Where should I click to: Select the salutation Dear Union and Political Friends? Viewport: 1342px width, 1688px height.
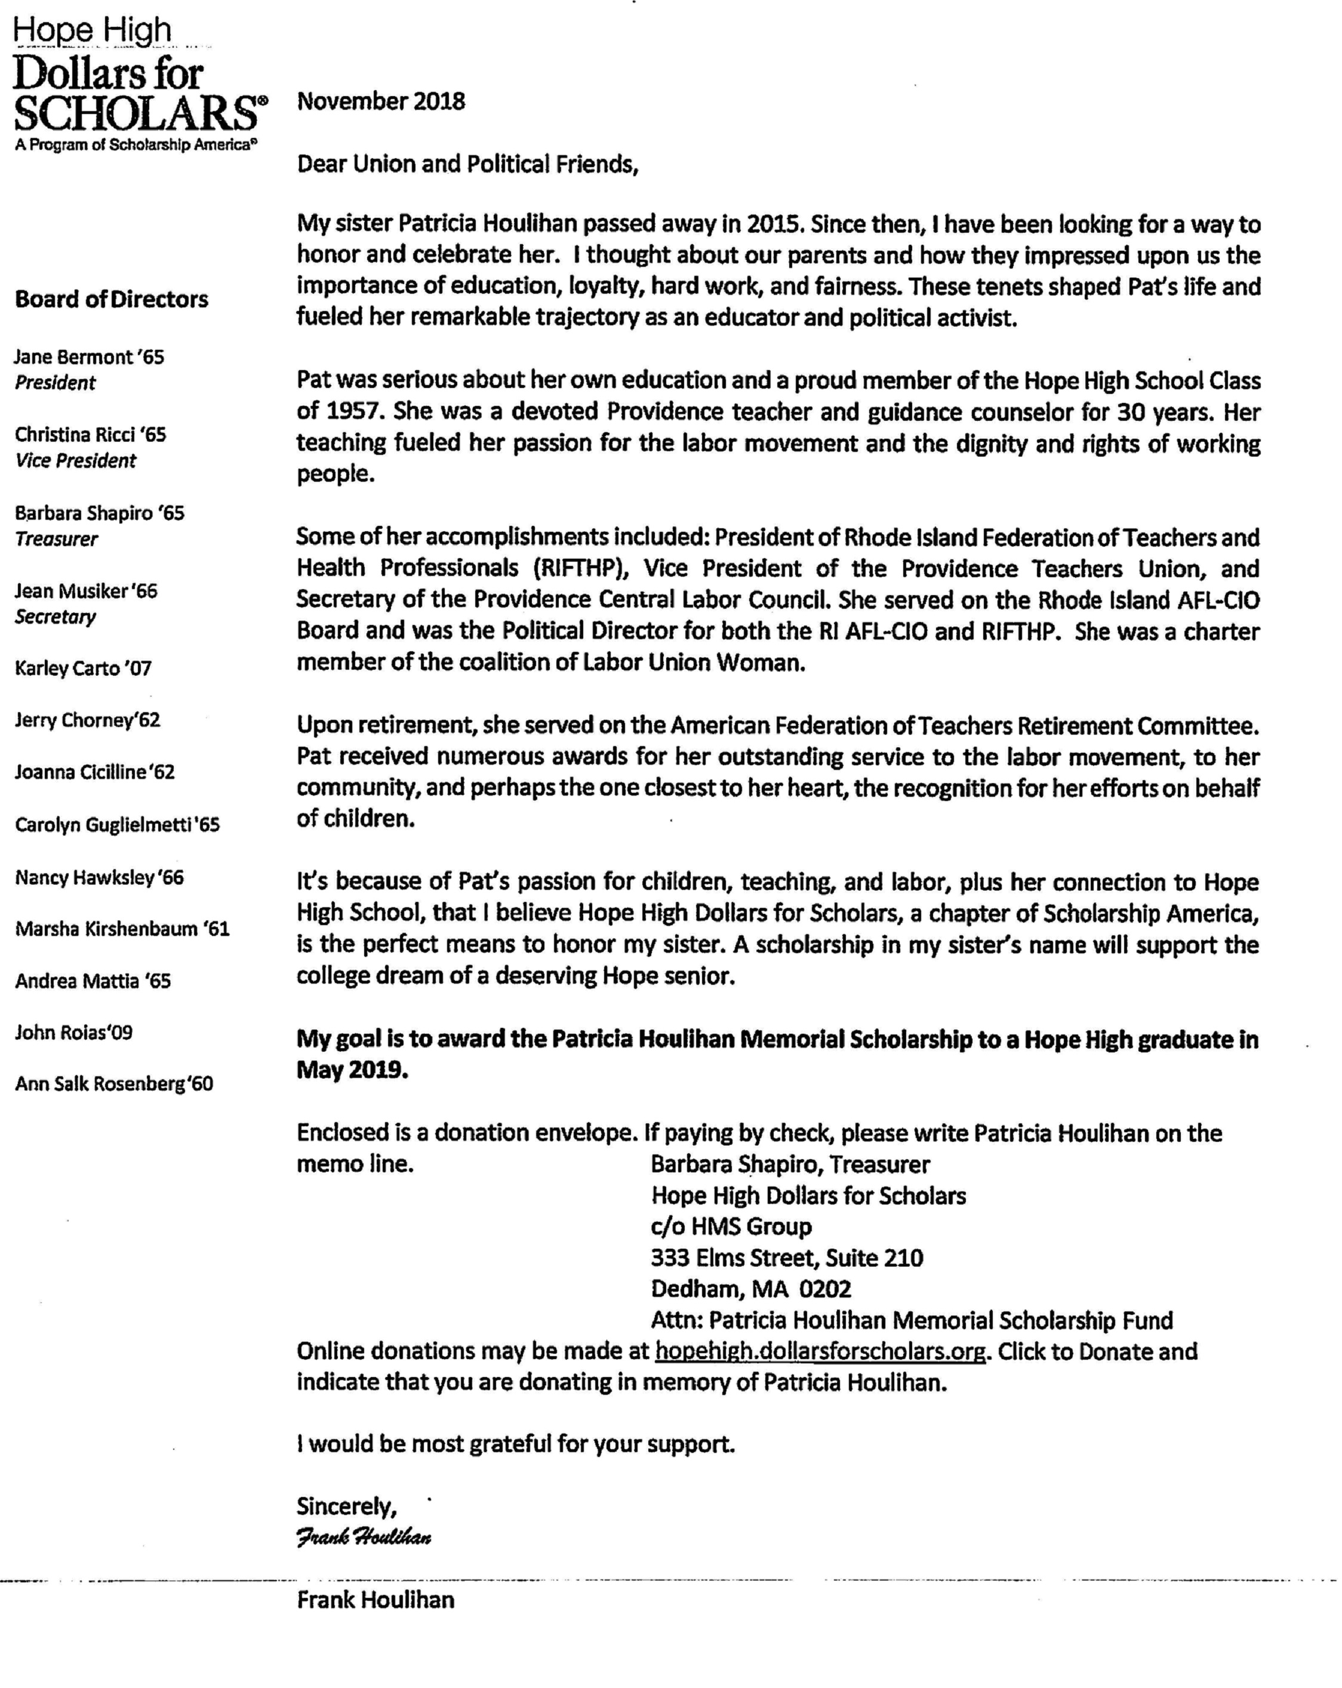467,164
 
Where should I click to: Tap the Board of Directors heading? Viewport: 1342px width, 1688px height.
111,299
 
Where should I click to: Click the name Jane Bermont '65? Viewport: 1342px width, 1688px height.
90,357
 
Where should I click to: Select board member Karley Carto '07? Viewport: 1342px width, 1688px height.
83,669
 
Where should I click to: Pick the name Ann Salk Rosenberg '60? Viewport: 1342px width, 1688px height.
113,1085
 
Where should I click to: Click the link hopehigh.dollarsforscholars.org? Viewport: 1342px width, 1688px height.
820,1351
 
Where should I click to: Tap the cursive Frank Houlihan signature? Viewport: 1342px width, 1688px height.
364,1537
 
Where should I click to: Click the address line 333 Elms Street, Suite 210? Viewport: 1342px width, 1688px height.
787,1258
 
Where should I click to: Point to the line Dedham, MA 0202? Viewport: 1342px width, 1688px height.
750,1289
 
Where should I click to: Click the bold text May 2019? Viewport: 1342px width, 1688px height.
352,1070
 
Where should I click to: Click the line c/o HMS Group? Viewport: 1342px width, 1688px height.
731,1227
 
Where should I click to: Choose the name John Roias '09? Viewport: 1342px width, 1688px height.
73,1033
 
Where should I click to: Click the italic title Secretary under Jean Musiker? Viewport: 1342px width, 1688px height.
55,617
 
